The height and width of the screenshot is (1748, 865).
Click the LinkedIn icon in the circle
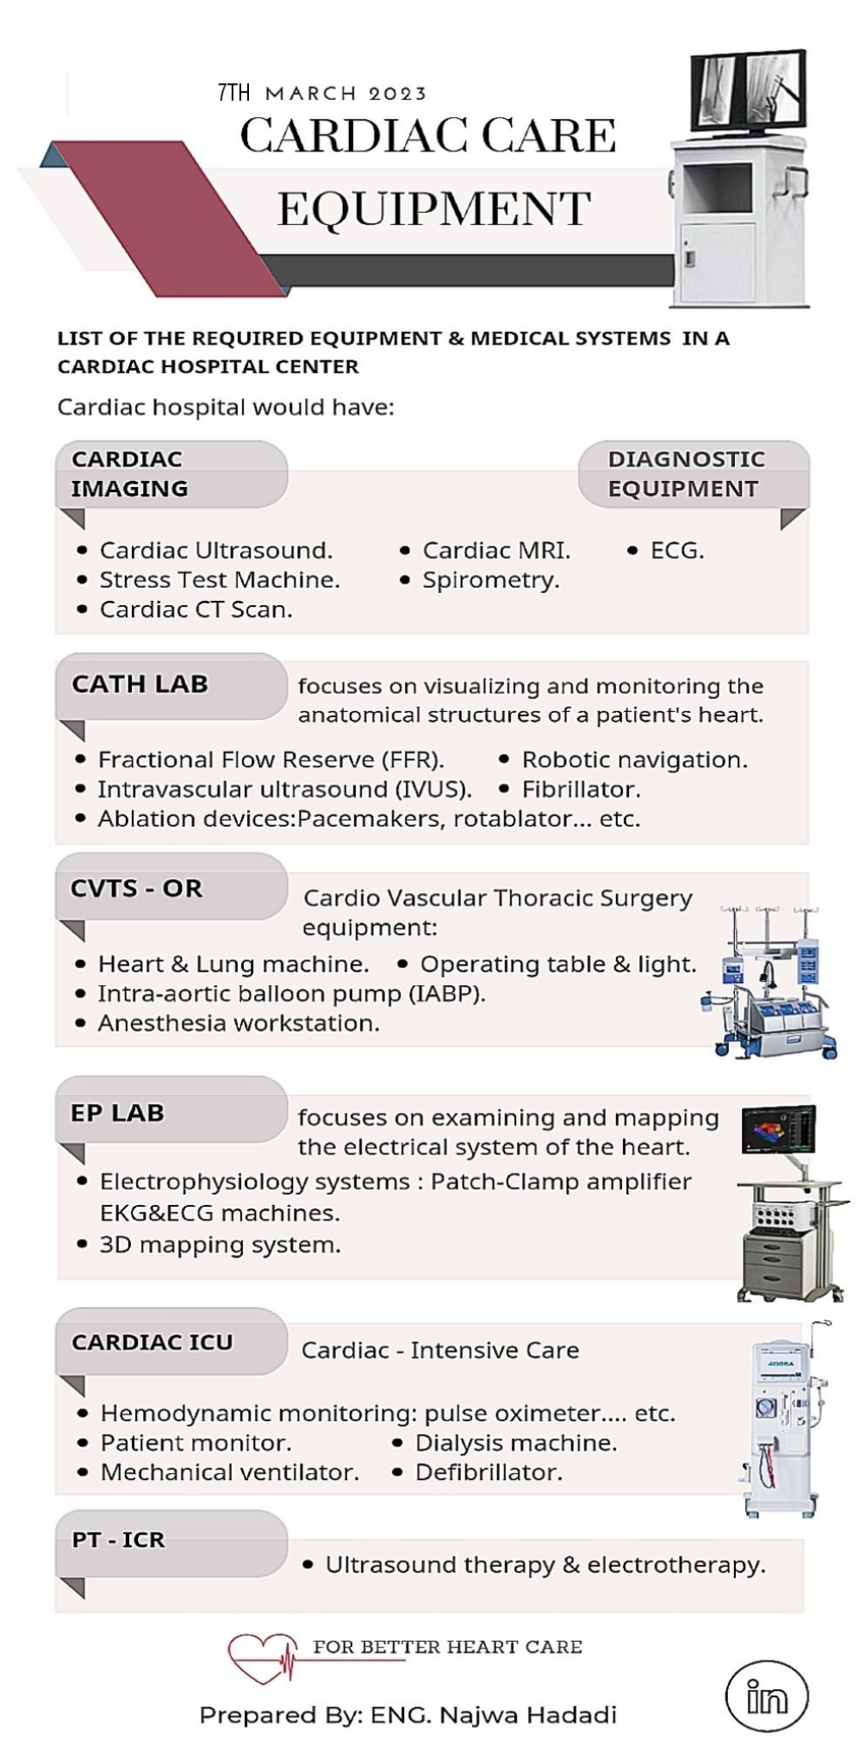click(766, 1696)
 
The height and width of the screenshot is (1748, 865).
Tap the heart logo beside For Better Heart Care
click(260, 1657)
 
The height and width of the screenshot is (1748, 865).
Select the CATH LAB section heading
click(140, 684)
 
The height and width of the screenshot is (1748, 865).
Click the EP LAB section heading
click(117, 1113)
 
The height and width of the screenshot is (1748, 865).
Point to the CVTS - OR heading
click(136, 889)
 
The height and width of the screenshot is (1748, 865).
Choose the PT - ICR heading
click(118, 1539)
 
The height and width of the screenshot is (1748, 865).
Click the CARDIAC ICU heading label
click(152, 1342)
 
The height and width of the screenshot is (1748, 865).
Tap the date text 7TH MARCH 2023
click(322, 92)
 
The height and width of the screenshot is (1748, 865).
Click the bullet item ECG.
click(676, 551)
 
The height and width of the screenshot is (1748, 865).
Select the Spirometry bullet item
click(490, 580)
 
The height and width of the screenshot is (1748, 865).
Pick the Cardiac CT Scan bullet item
click(196, 609)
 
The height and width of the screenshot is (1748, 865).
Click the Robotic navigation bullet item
click(634, 760)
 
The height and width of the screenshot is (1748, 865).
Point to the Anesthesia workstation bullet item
click(238, 1023)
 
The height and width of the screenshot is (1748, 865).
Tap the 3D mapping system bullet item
click(220, 1245)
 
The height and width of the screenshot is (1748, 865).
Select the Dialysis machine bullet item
click(515, 1443)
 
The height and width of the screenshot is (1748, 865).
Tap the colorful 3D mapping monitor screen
click(777, 1128)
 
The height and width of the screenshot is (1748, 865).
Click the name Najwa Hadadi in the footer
click(527, 1715)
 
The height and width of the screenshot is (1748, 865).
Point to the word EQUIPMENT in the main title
click(433, 209)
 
